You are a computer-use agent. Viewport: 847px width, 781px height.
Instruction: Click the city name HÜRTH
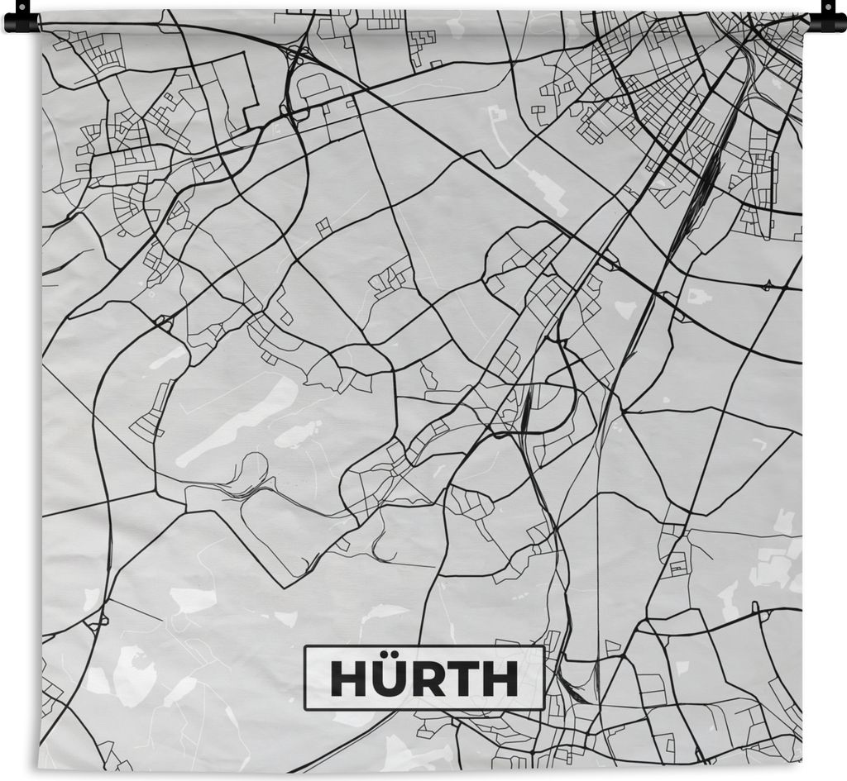click(x=423, y=679)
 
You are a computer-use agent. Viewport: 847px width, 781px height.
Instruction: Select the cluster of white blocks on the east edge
click(x=773, y=562)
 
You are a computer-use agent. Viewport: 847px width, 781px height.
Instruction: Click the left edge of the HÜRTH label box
click(x=304, y=679)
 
